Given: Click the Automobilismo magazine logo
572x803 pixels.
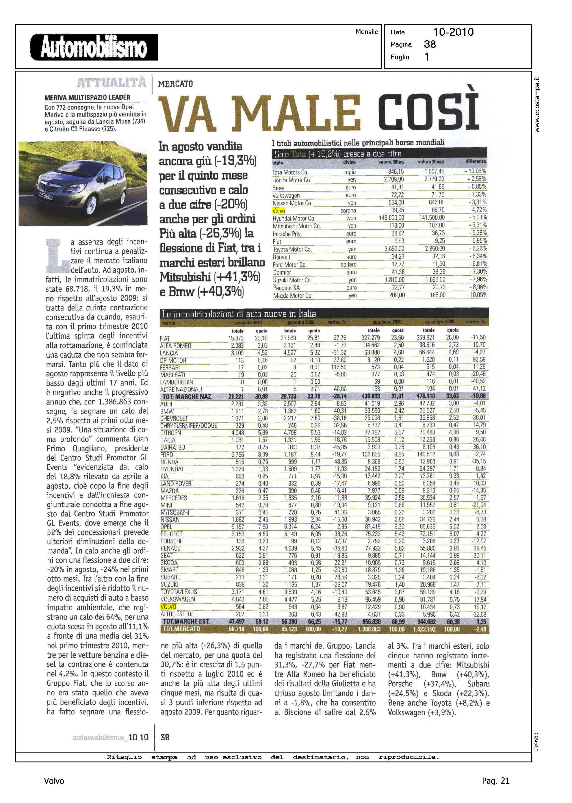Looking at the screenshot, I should (94, 47).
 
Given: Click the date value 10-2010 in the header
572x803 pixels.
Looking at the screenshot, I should (453, 32).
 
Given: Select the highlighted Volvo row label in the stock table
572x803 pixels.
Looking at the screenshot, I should (279, 211).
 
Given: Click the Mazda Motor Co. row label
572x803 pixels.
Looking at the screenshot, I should (292, 296).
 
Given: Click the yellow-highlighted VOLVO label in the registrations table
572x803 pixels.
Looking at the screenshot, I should (168, 607).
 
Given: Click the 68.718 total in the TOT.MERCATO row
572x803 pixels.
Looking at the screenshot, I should (236, 629).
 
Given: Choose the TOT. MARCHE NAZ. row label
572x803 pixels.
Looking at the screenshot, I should (187, 397).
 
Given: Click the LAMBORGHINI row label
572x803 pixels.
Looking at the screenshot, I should (177, 382).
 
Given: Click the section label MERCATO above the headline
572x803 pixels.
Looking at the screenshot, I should (175, 84).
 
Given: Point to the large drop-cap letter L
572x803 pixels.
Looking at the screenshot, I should (56, 256).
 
